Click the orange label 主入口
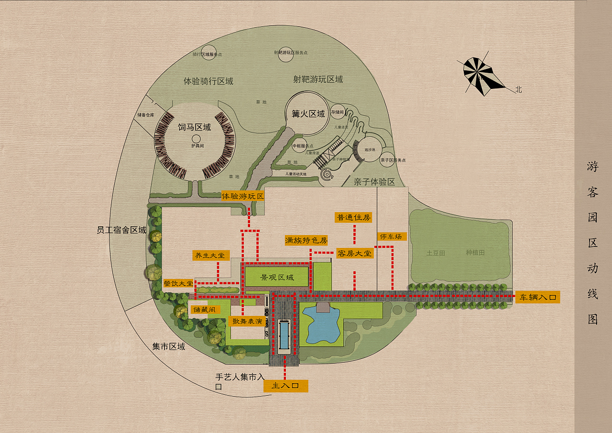pos(285,386)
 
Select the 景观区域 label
pos(277,277)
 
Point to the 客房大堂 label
pos(354,253)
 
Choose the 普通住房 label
pos(354,217)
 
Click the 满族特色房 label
pos(306,240)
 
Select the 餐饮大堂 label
pos(178,283)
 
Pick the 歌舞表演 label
pos(247,321)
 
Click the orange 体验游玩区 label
pos(243,196)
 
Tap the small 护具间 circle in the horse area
pos(196,139)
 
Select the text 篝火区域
pos(308,114)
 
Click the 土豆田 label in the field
pos(436,253)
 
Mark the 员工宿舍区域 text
pos(121,230)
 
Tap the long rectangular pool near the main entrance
pos(284,337)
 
